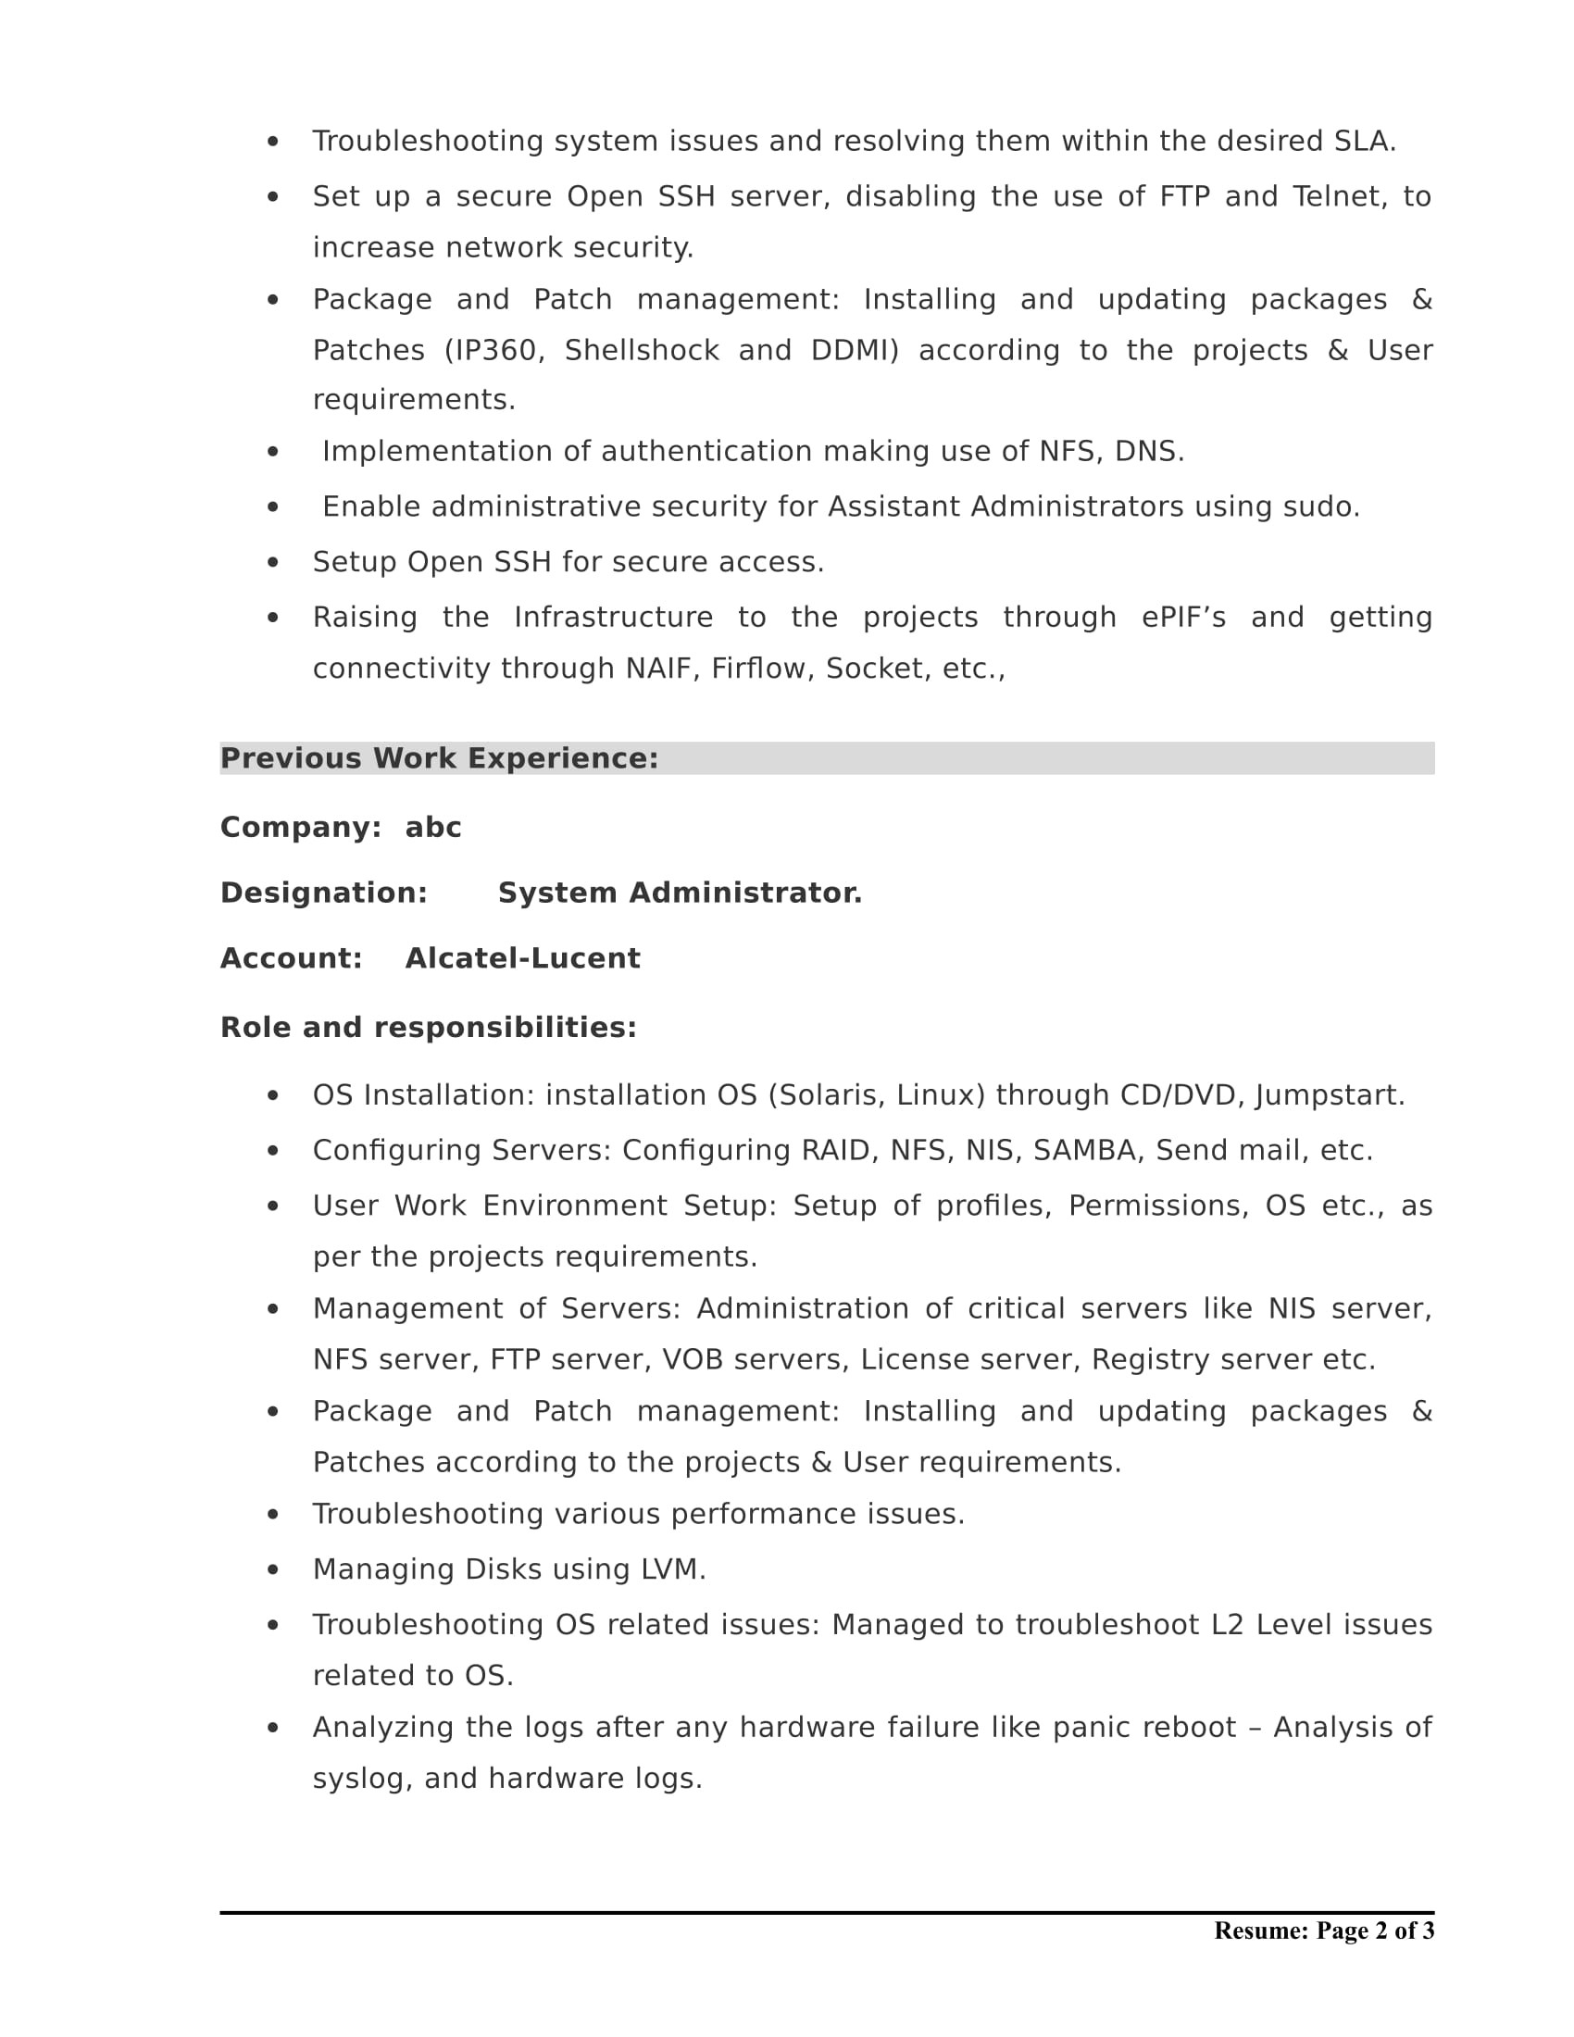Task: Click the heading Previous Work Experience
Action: [438, 758]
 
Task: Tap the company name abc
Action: [432, 827]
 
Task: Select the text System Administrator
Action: [680, 893]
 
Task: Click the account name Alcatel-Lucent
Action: [522, 958]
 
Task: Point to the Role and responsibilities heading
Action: [428, 1027]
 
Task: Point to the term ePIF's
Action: [1183, 618]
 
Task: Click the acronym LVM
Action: [671, 1568]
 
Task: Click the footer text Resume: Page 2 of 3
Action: [1323, 1931]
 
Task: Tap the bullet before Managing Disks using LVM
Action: [272, 1569]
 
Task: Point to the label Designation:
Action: [323, 893]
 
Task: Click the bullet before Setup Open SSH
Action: [272, 562]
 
